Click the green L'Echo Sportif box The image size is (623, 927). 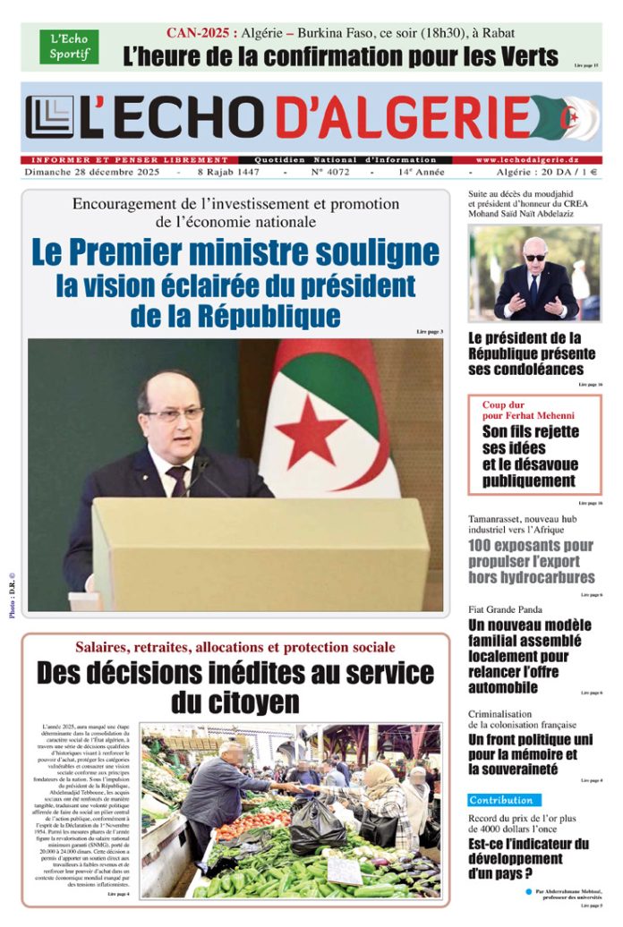[x=69, y=47]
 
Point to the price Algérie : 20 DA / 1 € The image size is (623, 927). [x=547, y=172]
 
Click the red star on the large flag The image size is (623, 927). [x=311, y=431]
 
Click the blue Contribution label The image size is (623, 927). [x=504, y=800]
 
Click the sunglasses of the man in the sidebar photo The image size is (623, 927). [x=535, y=257]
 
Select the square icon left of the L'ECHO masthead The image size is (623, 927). [x=49, y=117]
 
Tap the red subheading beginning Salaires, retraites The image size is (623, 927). [x=235, y=646]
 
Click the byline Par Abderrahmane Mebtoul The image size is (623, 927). [x=566, y=891]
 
